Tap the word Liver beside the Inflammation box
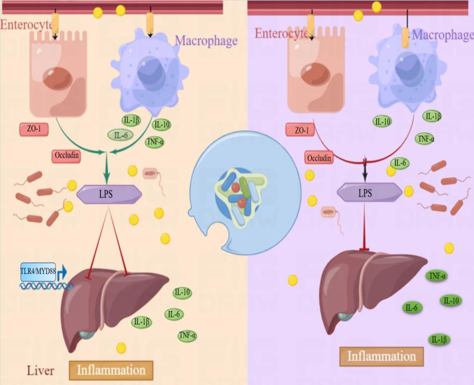pyautogui.click(x=40, y=370)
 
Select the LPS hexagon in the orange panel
pyautogui.click(x=109, y=195)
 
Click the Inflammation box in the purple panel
pyautogui.click(x=381, y=356)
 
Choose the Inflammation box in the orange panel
pyautogui.click(x=111, y=370)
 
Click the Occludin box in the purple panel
pyautogui.click(x=319, y=158)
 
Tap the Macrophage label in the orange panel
pyautogui.click(x=206, y=40)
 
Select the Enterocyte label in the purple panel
pyautogui.click(x=282, y=34)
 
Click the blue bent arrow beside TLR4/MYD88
pyautogui.click(x=63, y=272)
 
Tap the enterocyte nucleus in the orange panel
pyautogui.click(x=58, y=78)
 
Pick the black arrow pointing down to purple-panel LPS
pyautogui.click(x=365, y=169)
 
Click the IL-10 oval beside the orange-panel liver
pyautogui.click(x=182, y=293)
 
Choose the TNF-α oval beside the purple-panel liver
pyautogui.click(x=437, y=276)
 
